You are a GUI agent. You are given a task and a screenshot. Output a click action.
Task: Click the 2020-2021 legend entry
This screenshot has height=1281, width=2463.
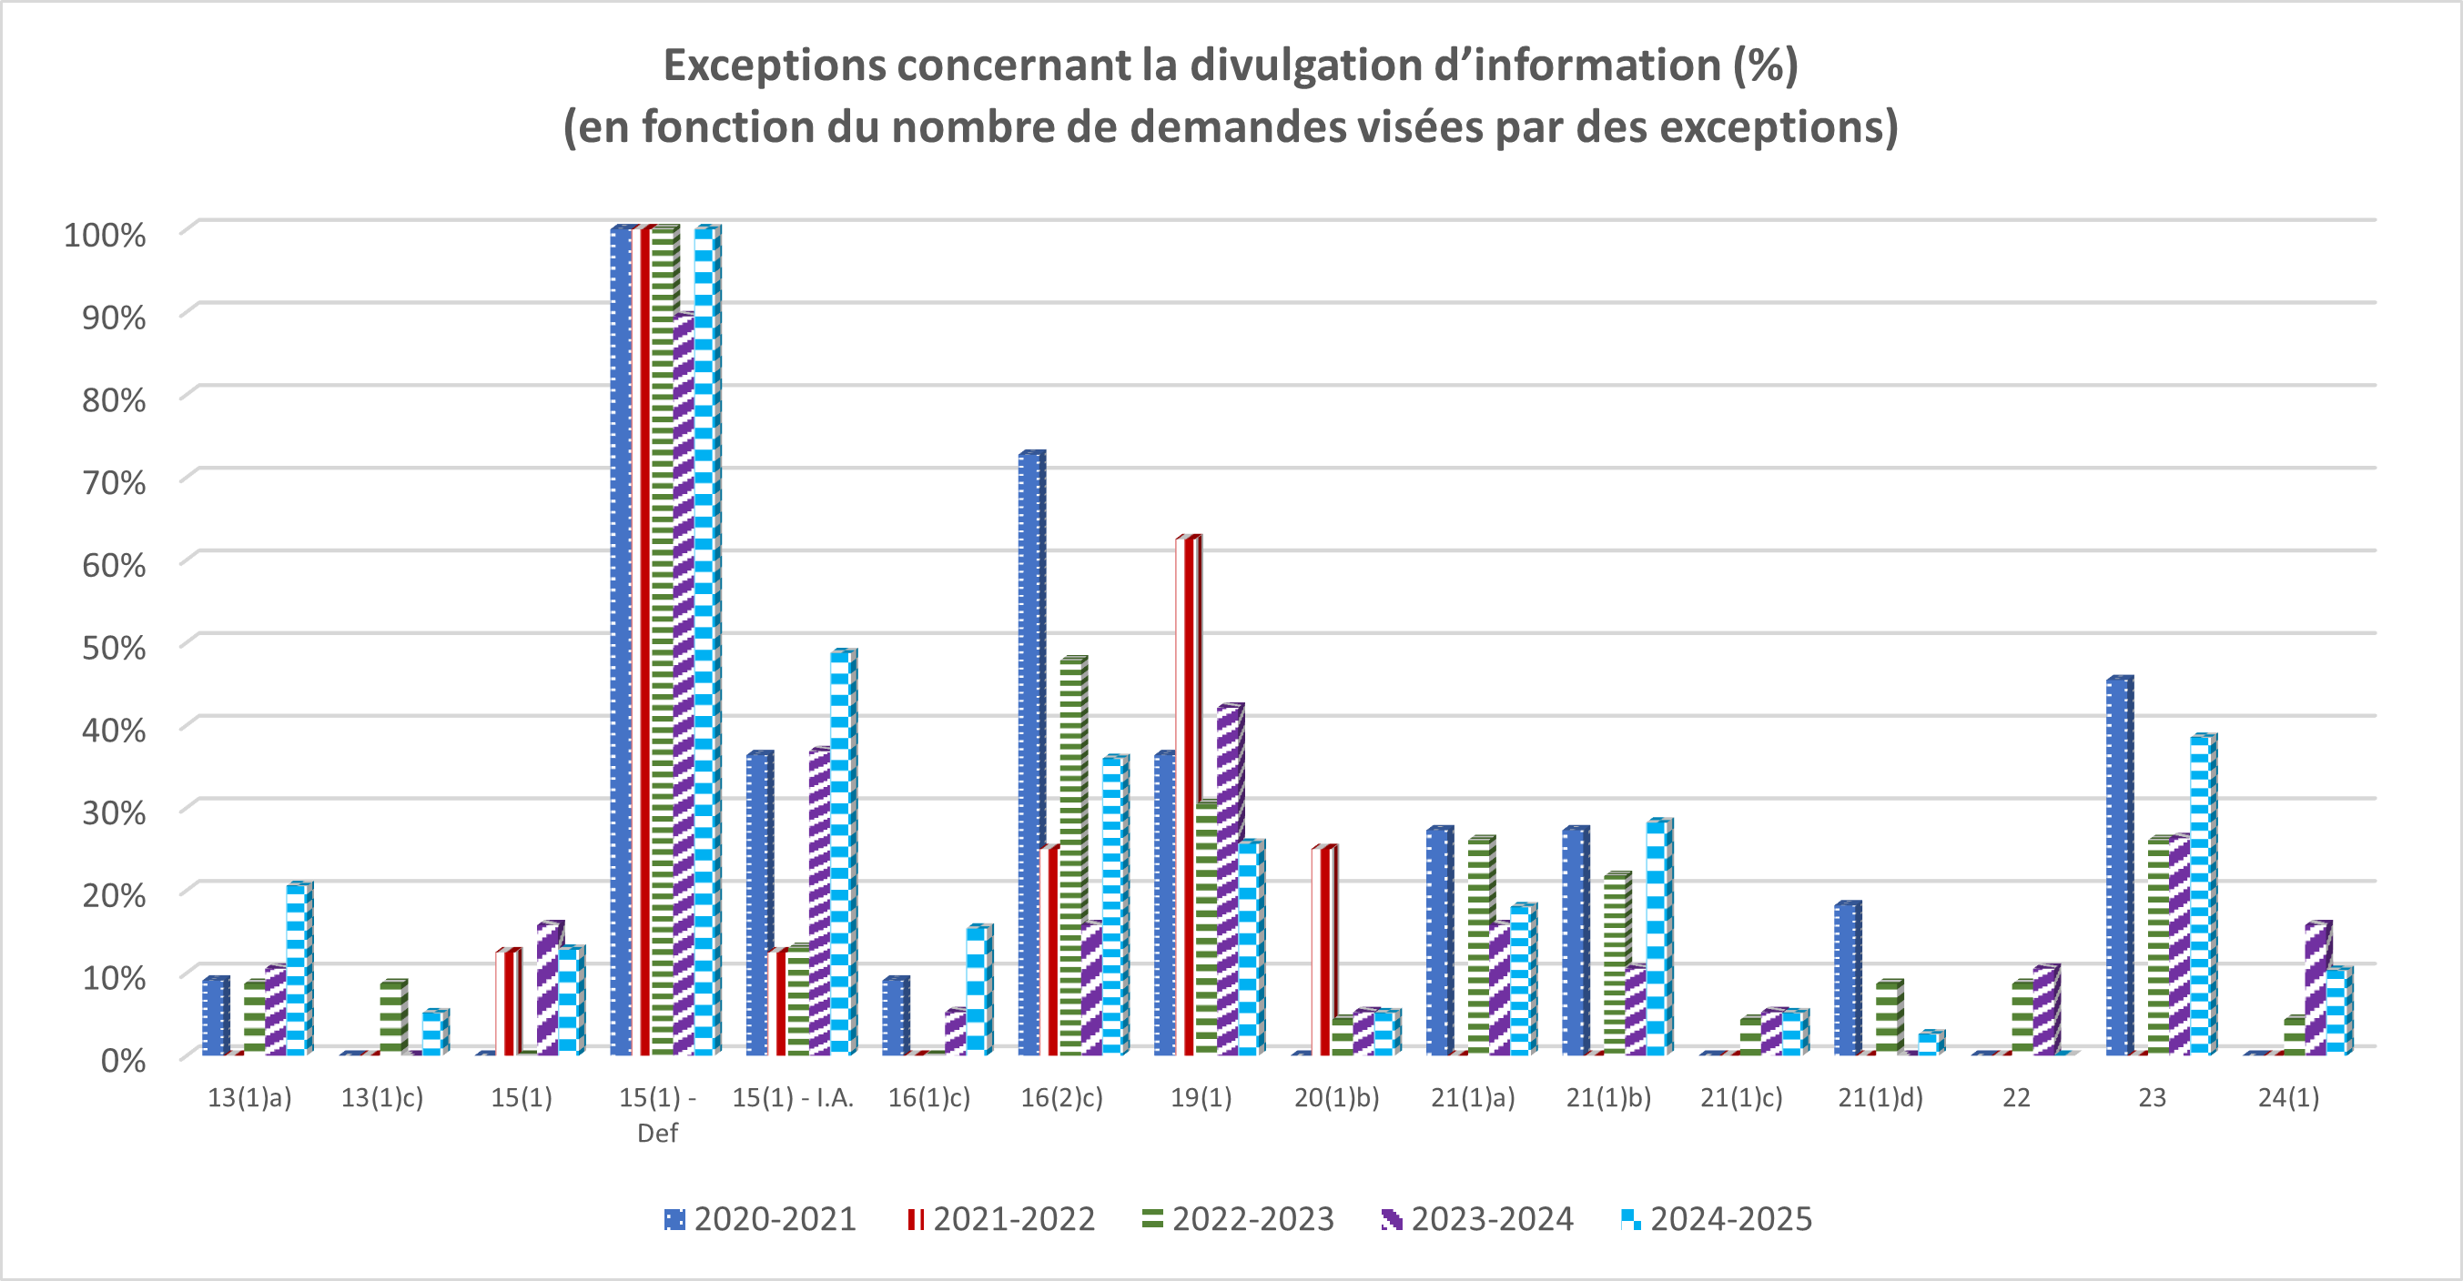coord(761,1219)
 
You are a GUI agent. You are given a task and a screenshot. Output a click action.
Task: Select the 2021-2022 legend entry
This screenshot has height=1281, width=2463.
coord(1001,1219)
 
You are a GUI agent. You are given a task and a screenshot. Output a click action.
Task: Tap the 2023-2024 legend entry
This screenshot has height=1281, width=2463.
coord(1478,1219)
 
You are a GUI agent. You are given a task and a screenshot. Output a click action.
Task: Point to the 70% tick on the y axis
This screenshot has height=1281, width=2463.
coord(114,483)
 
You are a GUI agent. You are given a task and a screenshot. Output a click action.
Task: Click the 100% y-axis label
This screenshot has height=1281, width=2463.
coord(106,235)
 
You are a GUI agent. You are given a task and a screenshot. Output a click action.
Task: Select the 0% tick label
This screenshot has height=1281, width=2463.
coord(122,1060)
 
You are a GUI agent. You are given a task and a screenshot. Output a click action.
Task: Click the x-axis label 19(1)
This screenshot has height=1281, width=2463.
coord(1201,1097)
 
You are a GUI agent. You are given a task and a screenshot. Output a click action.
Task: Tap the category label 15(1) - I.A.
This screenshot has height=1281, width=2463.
coord(793,1097)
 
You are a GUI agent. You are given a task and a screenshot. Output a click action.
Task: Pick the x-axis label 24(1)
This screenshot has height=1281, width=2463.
coord(2288,1097)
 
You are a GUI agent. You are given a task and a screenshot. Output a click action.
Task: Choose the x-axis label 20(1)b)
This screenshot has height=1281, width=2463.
coord(1337,1097)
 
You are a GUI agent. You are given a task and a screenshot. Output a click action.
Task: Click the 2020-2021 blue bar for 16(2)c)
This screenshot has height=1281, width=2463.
coord(1029,755)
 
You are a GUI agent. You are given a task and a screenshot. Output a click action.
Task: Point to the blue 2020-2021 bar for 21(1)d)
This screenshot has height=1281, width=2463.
coord(1845,980)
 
